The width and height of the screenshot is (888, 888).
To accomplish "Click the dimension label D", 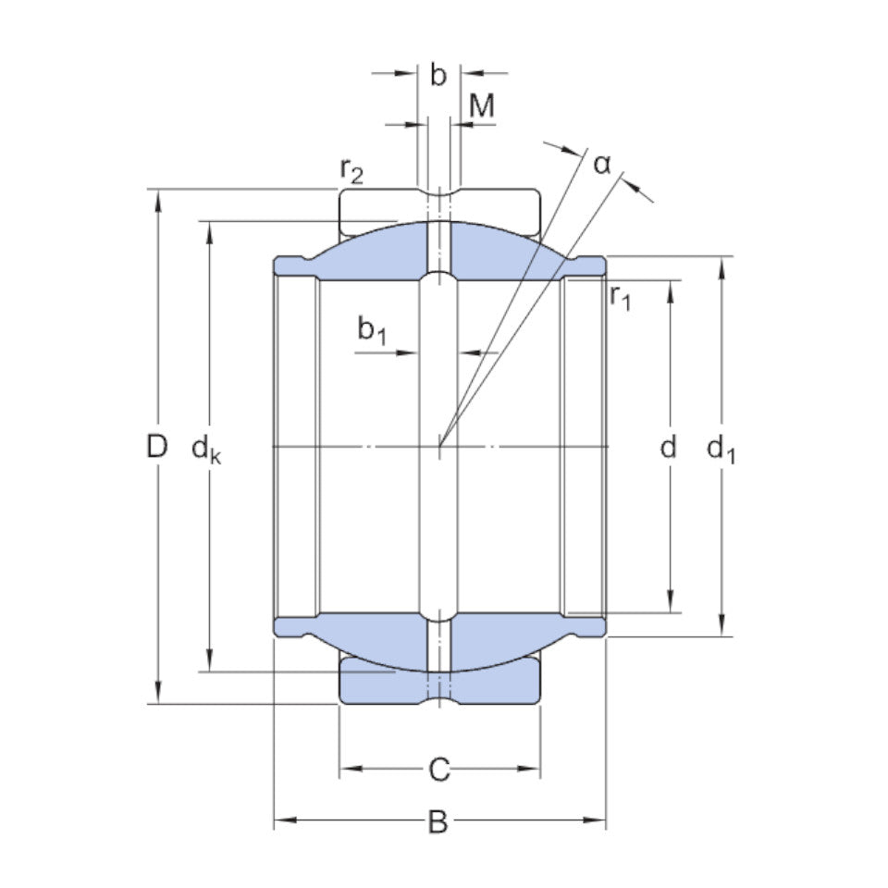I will tap(157, 447).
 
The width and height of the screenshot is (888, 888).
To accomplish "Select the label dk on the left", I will tap(205, 450).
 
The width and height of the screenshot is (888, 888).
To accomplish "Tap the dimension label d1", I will tap(720, 450).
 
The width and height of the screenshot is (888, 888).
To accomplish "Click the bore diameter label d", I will tap(668, 448).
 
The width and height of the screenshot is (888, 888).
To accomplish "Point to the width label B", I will tap(438, 821).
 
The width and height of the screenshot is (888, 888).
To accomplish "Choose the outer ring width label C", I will tap(439, 769).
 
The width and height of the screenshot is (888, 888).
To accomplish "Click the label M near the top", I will tap(482, 106).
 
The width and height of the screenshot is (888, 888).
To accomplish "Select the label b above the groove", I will tap(438, 75).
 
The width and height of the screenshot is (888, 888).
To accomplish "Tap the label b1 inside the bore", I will tap(372, 329).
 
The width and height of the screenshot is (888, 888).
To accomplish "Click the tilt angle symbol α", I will tap(602, 165).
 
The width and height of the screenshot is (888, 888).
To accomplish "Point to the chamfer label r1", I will tap(621, 297).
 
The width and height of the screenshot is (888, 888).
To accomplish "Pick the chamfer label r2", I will tap(351, 170).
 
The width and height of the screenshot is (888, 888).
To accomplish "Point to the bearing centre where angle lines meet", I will tap(440, 447).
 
